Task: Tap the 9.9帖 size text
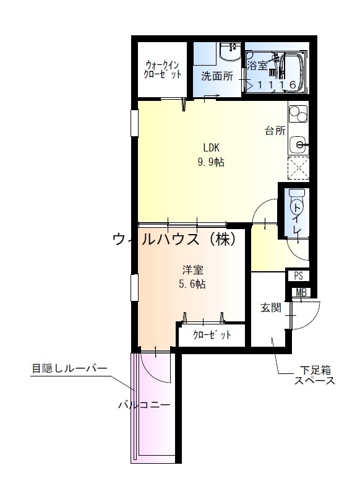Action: point(211,162)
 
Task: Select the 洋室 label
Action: point(193,271)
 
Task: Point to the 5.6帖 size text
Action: point(193,285)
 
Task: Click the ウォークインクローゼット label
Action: point(163,69)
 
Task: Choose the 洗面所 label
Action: point(216,77)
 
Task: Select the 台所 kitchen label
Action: point(275,131)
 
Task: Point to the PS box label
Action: point(298,276)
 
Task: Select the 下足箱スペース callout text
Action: point(314,376)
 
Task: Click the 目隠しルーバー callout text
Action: point(69,369)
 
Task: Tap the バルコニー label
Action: point(144,406)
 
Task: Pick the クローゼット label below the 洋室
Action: point(212,335)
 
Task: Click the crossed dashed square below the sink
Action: point(298,168)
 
